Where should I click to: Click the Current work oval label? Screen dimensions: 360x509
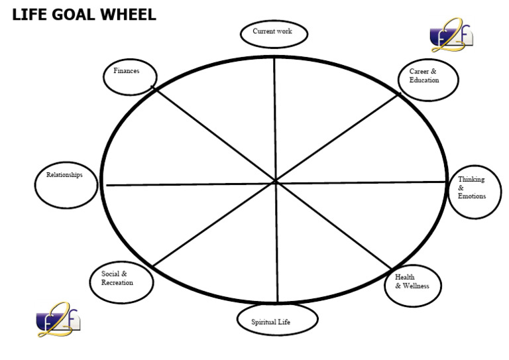pyautogui.click(x=274, y=32)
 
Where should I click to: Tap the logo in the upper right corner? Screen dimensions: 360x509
pyautogui.click(x=452, y=36)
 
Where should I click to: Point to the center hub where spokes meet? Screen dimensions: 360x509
pyautogui.click(x=275, y=181)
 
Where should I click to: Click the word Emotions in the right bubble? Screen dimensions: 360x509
pyautogui.click(x=472, y=196)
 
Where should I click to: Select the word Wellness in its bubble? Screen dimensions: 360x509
pyautogui.click(x=416, y=286)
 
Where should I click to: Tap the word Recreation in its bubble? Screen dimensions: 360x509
pyautogui.click(x=117, y=282)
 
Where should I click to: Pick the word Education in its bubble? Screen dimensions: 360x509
pyautogui.click(x=424, y=80)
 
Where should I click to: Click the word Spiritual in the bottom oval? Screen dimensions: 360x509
pyautogui.click(x=266, y=323)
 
